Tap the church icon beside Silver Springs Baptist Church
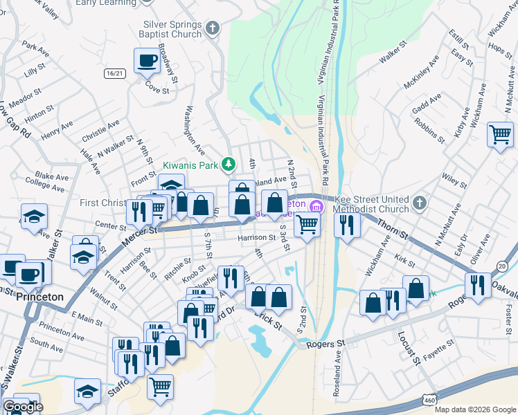(x=213, y=28)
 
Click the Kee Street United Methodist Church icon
(x=419, y=203)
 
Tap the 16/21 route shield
(x=116, y=73)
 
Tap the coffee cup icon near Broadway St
(x=146, y=60)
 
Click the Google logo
(x=23, y=407)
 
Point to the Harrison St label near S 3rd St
(x=257, y=238)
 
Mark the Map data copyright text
(x=475, y=409)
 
